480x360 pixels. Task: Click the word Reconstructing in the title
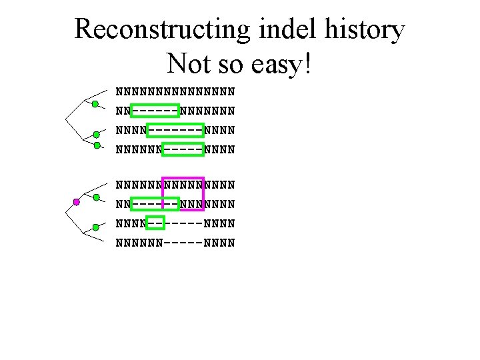click(x=161, y=30)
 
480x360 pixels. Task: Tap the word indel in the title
click(x=291, y=30)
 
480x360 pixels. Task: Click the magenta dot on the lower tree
click(x=77, y=201)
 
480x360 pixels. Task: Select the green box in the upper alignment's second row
click(x=155, y=109)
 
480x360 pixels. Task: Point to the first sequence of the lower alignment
click(x=175, y=183)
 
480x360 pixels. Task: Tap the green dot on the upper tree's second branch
click(x=95, y=104)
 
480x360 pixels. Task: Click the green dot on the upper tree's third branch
click(x=97, y=134)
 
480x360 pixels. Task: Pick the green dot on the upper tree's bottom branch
click(x=97, y=145)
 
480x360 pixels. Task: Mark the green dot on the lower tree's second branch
click(x=95, y=197)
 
